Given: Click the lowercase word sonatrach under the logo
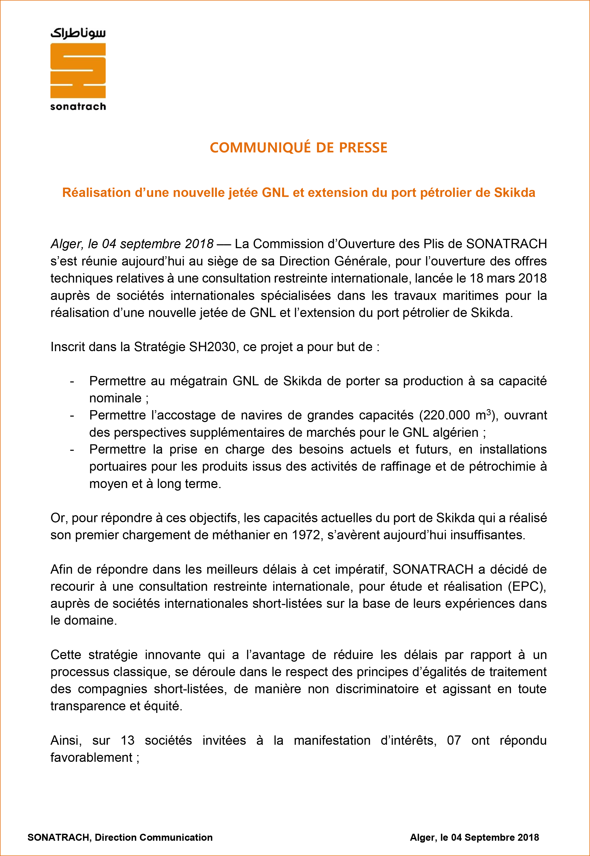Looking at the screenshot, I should pyautogui.click(x=78, y=107).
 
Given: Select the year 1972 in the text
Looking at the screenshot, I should pyautogui.click(x=306, y=535).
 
